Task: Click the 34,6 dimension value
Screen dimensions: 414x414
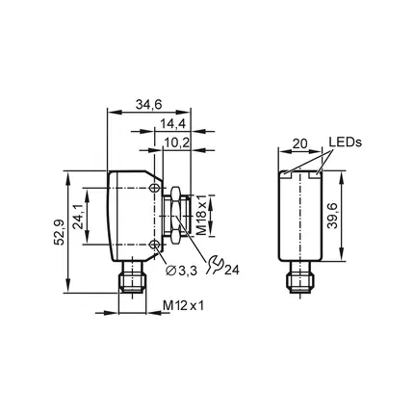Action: coord(148,105)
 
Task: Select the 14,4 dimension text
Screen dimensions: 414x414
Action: coord(173,124)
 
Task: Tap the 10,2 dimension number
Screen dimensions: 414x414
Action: coord(177,142)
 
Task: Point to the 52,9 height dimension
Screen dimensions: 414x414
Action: coord(59,232)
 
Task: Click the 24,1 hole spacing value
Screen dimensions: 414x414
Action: coord(78,216)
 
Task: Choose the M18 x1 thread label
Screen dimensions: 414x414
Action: coord(201,215)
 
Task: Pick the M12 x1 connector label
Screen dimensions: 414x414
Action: coord(183,305)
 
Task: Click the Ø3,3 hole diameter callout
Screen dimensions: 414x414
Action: coord(181,272)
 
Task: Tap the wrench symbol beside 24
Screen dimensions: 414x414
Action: coord(215,264)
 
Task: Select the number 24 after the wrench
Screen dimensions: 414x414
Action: coord(232,271)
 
